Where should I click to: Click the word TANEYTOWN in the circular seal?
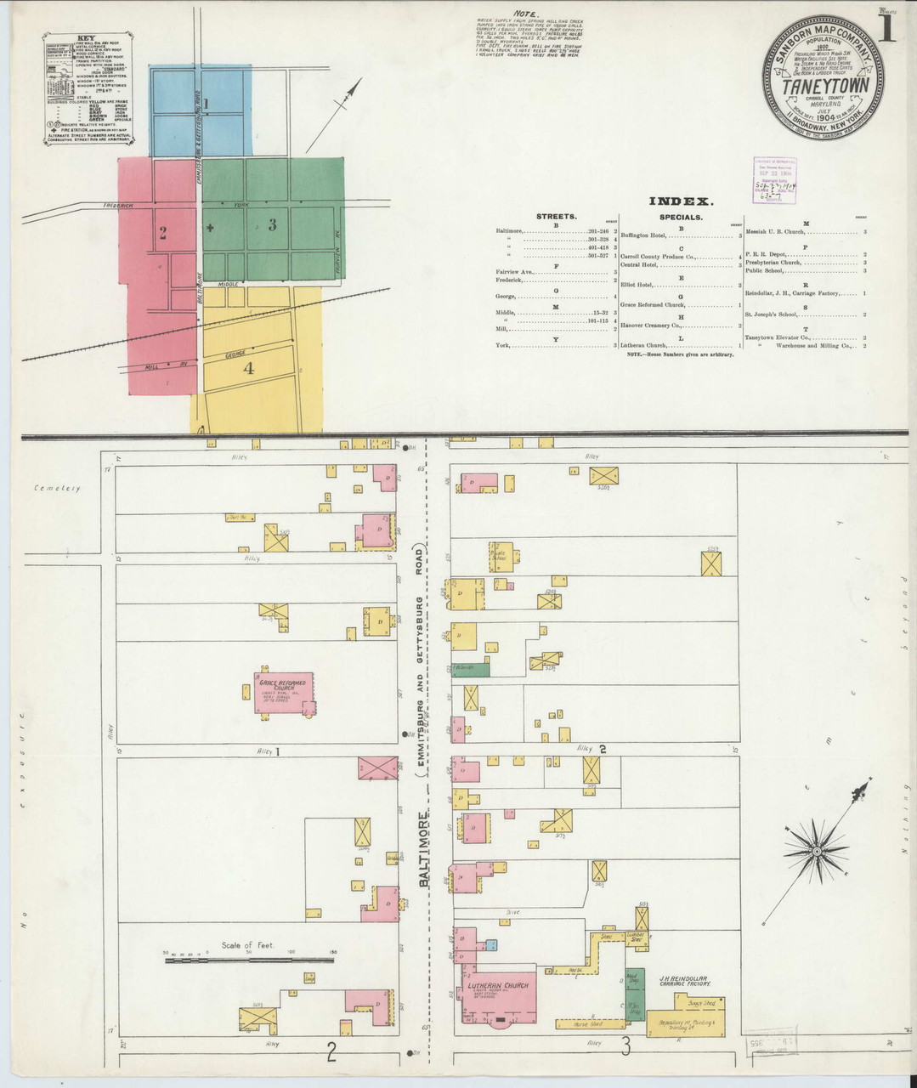[x=822, y=88]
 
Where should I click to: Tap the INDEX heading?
[x=680, y=201]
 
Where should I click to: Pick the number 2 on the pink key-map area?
[x=162, y=233]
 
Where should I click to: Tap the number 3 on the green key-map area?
[x=272, y=225]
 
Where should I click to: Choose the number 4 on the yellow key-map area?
[x=248, y=368]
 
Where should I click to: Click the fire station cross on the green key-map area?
[x=210, y=228]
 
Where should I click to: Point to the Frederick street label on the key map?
[x=120, y=206]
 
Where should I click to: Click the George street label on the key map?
[x=235, y=354]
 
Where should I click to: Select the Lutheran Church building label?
[x=497, y=985]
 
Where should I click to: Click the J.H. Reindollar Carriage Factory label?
[x=683, y=981]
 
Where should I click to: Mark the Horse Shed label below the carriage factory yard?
[x=577, y=1023]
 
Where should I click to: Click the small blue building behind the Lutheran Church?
[x=491, y=944]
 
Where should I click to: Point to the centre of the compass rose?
[x=815, y=850]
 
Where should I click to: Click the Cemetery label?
[x=57, y=489]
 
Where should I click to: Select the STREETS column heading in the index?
[x=556, y=217]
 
